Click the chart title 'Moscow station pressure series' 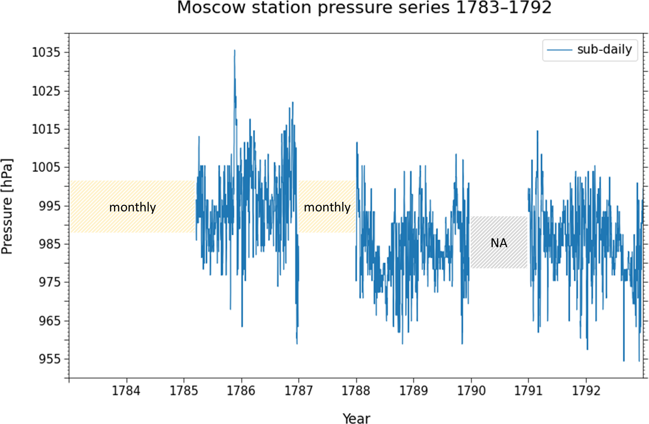tap(364, 8)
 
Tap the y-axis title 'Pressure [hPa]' tap(7, 206)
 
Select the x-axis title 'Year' tap(356, 419)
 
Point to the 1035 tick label tap(46, 52)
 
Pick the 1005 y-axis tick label tap(46, 167)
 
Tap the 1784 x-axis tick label tap(126, 391)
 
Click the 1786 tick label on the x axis tap(241, 391)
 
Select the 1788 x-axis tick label tap(356, 391)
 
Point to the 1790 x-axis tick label tap(471, 391)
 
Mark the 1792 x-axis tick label tap(586, 391)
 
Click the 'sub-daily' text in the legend tap(604, 49)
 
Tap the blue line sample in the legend tap(560, 50)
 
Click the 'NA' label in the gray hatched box tap(499, 243)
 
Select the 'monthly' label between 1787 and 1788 tap(327, 207)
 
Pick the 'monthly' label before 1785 tap(132, 207)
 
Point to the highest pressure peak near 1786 tap(234, 51)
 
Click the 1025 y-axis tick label tap(46, 91)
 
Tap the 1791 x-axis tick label tap(528, 391)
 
